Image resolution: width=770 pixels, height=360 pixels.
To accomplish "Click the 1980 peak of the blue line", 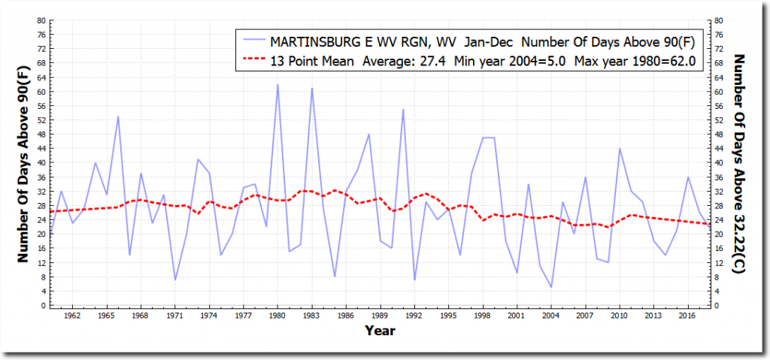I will pos(277,85).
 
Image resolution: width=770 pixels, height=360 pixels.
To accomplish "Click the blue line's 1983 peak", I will pos(311,89).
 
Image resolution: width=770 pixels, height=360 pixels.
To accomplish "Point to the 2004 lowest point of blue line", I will pos(551,287).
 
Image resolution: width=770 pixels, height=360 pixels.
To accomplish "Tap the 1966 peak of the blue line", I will pos(118,116).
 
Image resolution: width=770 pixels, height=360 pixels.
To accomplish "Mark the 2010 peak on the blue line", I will pos(620,149).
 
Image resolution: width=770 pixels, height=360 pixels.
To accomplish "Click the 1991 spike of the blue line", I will pos(403,110).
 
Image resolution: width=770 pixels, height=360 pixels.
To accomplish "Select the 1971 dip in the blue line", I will pos(175,280).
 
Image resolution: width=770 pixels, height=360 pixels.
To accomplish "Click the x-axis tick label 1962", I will pos(73,316).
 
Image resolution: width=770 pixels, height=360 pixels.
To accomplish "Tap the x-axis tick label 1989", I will pos(380,316).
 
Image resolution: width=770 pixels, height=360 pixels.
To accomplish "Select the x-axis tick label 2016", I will pos(688,316).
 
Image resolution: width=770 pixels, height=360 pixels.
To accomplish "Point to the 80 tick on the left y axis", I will pos(41,20).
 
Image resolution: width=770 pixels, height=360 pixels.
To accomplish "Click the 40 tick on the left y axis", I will pos(41,163).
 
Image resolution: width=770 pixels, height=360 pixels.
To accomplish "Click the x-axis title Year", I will pos(380,331).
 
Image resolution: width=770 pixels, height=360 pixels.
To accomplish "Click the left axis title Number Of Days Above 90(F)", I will pos(23,163).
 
